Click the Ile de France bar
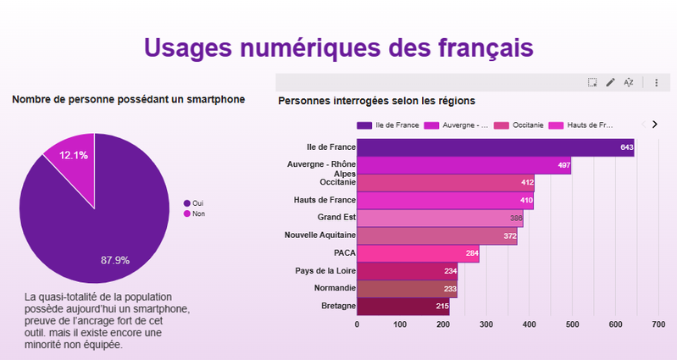pyautogui.click(x=495, y=147)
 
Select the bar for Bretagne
pyautogui.click(x=403, y=306)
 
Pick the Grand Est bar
pyautogui.click(x=440, y=219)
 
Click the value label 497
pyautogui.click(x=563, y=165)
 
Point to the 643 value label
pyautogui.click(x=627, y=147)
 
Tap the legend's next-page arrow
pyautogui.click(x=654, y=125)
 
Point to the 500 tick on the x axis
pyautogui.click(x=573, y=324)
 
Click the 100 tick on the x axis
pyautogui.click(x=400, y=324)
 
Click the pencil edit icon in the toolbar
pyautogui.click(x=611, y=82)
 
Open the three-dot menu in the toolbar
pyautogui.click(x=656, y=82)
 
